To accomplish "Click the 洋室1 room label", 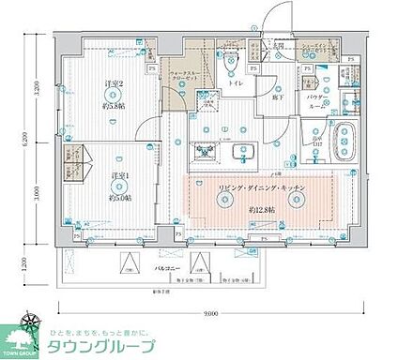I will (x=118, y=176).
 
